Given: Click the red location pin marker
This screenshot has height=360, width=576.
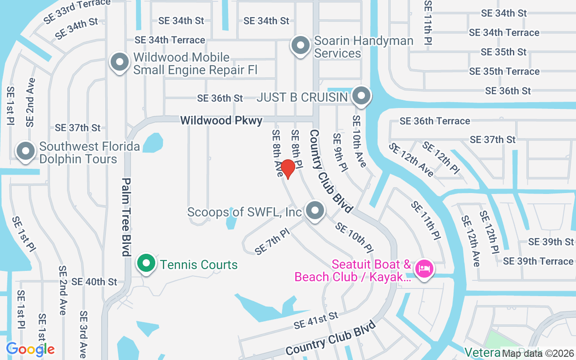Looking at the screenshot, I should tap(288, 169).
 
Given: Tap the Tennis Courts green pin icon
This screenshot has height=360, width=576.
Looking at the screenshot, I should tap(146, 263).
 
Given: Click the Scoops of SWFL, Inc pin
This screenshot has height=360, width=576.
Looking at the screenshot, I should tap(315, 210).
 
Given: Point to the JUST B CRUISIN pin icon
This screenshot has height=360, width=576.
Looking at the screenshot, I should tap(361, 96).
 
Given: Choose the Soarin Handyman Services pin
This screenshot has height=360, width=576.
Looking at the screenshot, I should tap(300, 45).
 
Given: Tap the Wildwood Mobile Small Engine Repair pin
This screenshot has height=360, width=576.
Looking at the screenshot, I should tap(120, 63).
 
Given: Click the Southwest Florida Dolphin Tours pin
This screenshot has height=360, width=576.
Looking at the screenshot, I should tap(26, 151).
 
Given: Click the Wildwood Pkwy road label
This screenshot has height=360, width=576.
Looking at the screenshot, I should tap(221, 121).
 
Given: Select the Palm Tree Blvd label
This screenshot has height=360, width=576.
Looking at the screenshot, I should tap(126, 217).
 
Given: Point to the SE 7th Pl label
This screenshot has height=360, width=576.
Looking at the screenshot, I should tap(272, 242).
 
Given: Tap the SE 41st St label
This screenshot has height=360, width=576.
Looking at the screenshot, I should tap(315, 320).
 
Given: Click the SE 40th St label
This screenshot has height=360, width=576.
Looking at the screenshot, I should tap(94, 282).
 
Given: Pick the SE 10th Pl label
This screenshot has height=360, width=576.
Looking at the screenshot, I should tap(354, 237).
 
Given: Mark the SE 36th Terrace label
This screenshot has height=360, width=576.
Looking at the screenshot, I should tap(435, 121).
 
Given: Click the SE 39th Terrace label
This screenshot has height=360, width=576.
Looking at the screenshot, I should tap(538, 261).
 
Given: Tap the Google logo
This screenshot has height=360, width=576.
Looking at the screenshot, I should tap(30, 349).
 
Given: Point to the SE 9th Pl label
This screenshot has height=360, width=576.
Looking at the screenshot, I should tap(340, 153).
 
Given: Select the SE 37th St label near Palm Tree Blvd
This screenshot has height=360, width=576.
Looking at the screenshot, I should tap(78, 128).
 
